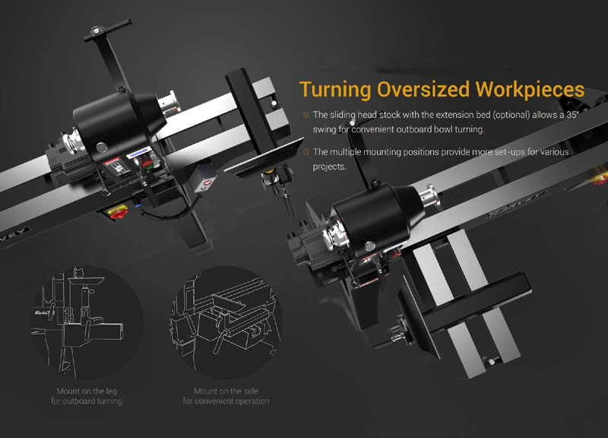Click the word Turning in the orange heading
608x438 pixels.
[335, 90]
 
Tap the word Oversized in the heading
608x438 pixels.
[423, 89]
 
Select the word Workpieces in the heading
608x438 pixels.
[530, 90]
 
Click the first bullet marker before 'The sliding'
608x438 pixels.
[306, 115]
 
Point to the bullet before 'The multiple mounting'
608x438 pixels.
[306, 151]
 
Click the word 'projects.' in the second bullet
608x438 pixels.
[330, 167]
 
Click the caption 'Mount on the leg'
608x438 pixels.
[87, 391]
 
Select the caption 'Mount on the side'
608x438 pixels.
[226, 391]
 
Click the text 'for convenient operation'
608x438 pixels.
[226, 401]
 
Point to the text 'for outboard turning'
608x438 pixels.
[87, 401]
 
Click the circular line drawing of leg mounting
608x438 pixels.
[87, 322]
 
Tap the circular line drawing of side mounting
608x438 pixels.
[226, 322]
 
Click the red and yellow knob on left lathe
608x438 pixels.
[116, 211]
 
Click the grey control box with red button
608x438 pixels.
[205, 179]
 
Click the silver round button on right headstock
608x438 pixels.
[369, 245]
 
